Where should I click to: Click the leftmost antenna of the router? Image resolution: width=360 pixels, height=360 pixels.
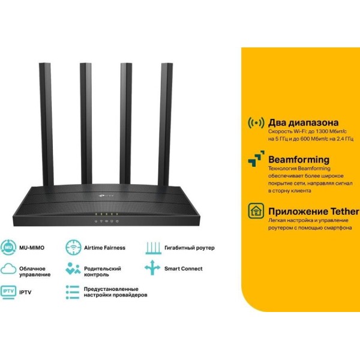(46, 124)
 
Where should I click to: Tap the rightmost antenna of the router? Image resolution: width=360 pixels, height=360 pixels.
(166, 124)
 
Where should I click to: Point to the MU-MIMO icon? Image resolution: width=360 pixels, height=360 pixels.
(8, 247)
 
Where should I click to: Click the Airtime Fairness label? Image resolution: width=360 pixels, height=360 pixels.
(104, 248)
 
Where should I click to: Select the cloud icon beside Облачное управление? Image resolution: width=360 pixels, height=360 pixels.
(8, 269)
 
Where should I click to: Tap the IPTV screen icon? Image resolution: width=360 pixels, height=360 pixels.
(8, 292)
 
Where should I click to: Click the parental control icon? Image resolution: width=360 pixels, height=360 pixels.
(73, 269)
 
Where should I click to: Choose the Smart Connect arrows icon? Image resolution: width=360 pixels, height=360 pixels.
(152, 268)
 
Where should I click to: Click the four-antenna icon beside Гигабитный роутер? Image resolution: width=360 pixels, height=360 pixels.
(154, 248)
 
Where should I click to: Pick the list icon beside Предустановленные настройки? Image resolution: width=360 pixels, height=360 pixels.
(73, 292)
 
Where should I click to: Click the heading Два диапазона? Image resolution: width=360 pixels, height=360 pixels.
(303, 122)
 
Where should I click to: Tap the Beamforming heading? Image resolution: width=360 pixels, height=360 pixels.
(299, 160)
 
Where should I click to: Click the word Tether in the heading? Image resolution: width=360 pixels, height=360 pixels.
(344, 211)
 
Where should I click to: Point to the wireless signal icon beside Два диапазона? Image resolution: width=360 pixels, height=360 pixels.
(256, 123)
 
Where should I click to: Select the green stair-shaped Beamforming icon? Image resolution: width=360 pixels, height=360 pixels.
(256, 159)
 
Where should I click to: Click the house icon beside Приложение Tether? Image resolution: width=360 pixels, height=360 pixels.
(256, 211)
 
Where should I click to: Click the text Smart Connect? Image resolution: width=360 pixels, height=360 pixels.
(184, 269)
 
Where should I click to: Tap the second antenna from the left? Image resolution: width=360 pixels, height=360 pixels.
(86, 124)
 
